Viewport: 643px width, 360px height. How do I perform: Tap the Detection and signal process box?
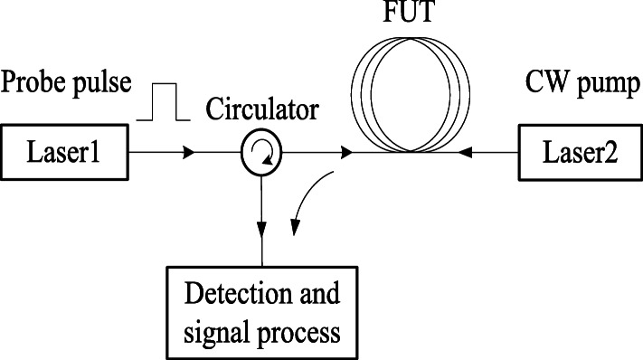point(262,309)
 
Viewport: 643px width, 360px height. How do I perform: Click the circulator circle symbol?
point(260,154)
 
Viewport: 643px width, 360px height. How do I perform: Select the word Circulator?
point(261,112)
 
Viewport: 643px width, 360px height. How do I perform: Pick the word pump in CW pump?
point(598,89)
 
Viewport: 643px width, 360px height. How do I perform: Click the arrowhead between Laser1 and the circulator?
point(187,154)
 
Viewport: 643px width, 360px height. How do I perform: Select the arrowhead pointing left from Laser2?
point(463,154)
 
